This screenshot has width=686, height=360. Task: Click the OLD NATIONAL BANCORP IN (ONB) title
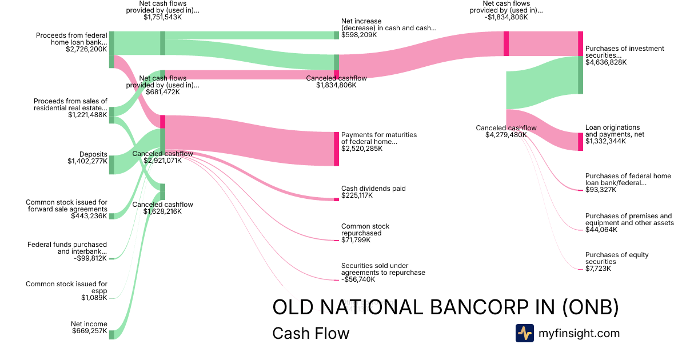click(x=445, y=307)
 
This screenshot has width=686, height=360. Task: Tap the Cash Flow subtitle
click(x=310, y=333)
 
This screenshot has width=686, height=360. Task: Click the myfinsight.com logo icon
click(x=524, y=333)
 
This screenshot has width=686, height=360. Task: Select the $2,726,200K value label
click(x=86, y=49)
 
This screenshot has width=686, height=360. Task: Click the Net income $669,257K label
click(x=89, y=327)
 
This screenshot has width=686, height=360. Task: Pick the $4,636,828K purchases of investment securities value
click(x=606, y=62)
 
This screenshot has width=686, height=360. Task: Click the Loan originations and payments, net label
click(x=612, y=131)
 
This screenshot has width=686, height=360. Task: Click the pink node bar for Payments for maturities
click(x=336, y=149)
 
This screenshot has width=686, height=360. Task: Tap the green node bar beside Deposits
click(x=111, y=165)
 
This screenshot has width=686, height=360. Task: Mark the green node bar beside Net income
click(x=111, y=334)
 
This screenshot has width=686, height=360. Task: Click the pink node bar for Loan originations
click(x=580, y=141)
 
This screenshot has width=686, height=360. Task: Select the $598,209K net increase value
click(x=359, y=35)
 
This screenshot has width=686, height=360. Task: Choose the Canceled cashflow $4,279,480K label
click(x=506, y=131)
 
